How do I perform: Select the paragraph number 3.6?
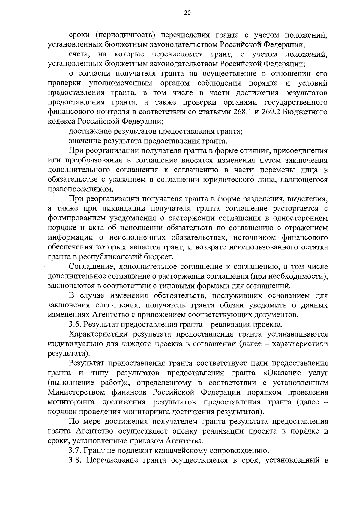(75, 325)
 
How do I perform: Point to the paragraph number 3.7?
(75, 451)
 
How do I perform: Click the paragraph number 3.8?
(75, 460)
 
